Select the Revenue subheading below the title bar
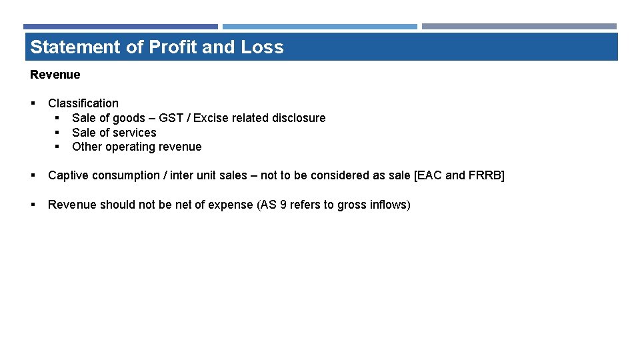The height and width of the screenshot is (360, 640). click(x=55, y=75)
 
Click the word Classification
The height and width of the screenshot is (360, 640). click(x=83, y=103)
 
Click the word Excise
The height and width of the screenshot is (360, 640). click(x=209, y=118)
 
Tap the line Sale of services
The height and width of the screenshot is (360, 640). click(x=114, y=133)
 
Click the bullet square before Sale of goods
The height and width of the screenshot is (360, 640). click(x=57, y=118)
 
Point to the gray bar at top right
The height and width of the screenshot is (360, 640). click(x=519, y=27)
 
